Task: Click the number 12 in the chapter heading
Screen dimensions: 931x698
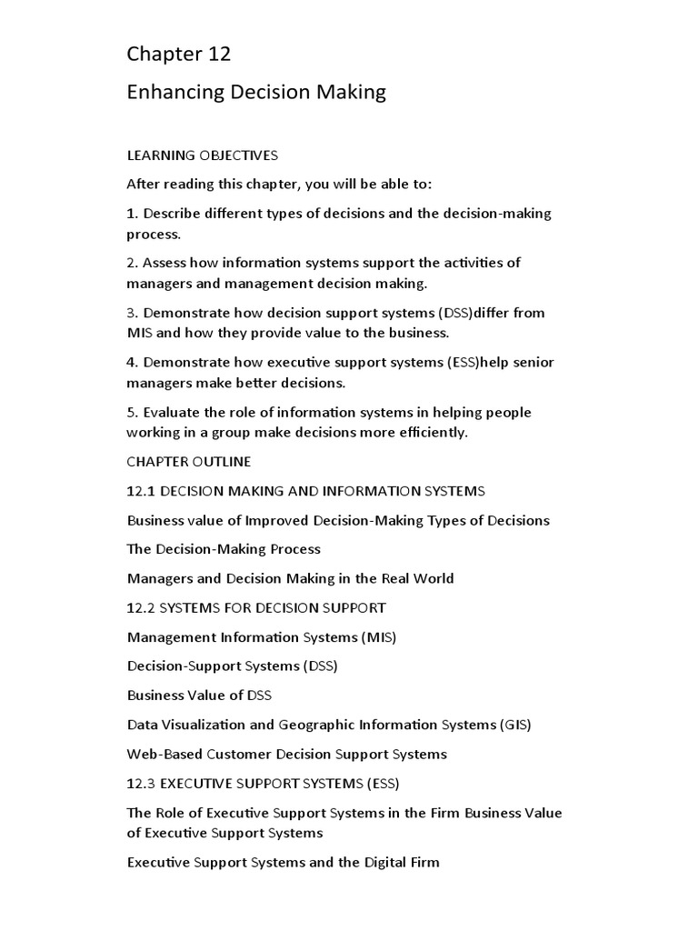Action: coord(218,55)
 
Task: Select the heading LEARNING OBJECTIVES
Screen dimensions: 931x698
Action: coord(202,155)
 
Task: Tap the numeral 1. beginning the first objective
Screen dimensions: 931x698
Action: coord(133,213)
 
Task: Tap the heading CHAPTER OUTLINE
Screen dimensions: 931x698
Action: coord(189,462)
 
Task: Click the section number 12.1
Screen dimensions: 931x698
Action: coord(141,491)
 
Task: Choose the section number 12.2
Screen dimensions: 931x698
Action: coord(141,607)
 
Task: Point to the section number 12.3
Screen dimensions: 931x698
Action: coord(141,783)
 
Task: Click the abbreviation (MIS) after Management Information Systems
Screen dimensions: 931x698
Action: coord(378,637)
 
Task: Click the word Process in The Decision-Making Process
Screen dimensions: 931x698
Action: coord(293,549)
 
